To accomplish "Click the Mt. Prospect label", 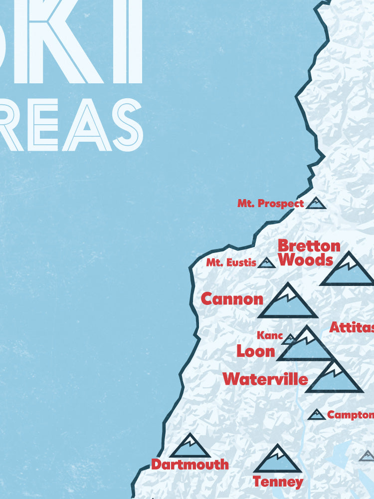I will coord(270,204).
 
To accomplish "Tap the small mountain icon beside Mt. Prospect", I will coord(316,203).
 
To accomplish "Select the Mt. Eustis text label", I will coord(231,262).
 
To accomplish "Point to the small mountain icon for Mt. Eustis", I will coord(266,263).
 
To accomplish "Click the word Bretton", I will coord(309,246).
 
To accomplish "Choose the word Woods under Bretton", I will coord(305,260).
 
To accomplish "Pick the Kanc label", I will coord(270,335).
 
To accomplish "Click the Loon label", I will coord(256,351).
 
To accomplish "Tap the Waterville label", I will coord(265,379).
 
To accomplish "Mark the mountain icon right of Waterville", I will coord(335,379).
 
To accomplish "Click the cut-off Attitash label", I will coord(352,327).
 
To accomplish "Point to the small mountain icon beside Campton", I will coord(317,415).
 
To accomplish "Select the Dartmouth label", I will coord(189,464).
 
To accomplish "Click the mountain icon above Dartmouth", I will coord(189,447).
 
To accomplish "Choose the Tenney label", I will coord(278,482).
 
